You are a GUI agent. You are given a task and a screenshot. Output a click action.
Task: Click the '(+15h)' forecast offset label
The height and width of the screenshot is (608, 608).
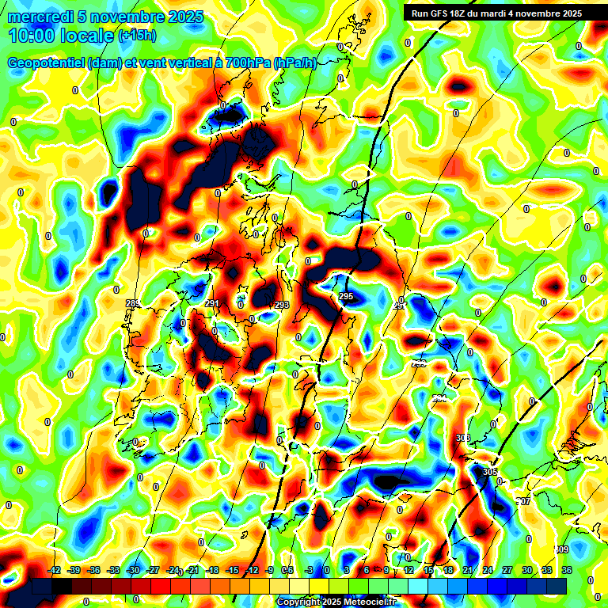pos(137,36)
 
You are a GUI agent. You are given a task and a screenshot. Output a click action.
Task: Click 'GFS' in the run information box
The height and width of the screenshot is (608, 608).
pos(445,13)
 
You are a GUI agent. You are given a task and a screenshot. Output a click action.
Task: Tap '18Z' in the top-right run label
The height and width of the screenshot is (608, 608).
pos(466,13)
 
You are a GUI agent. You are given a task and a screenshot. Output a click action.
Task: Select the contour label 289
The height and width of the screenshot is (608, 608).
pos(132,304)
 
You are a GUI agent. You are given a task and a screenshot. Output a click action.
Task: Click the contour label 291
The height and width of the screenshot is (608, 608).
pos(212,304)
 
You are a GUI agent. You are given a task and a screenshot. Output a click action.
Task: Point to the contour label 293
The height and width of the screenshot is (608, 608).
pos(282,305)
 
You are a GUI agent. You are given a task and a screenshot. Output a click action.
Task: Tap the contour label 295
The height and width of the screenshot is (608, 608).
pos(346,296)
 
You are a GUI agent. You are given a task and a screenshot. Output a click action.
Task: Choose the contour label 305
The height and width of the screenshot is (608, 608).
pos(490,472)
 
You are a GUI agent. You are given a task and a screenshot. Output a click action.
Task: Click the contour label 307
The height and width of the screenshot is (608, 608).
pos(523,502)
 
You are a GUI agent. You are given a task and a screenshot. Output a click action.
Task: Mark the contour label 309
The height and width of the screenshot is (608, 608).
pos(561,549)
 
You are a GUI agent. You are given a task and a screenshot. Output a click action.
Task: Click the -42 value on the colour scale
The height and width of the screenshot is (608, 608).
pos(55,571)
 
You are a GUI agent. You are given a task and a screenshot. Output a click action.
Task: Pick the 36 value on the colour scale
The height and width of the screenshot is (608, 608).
pos(566,571)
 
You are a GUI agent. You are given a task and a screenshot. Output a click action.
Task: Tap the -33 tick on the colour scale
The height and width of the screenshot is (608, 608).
pos(113,571)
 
